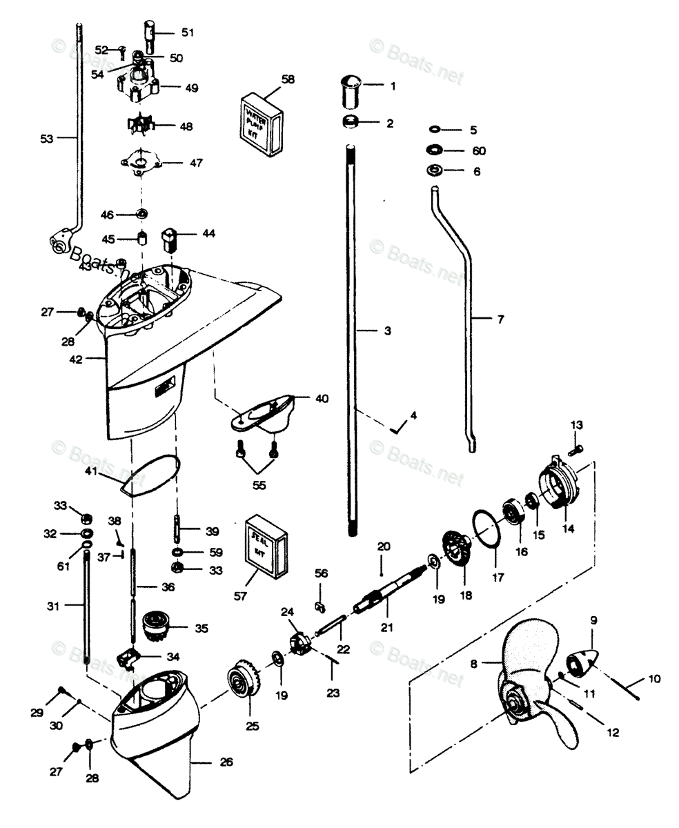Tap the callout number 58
288,79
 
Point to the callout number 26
226,762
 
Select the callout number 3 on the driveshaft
387,331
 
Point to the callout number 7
500,319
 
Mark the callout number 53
46,139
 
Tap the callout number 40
322,398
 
